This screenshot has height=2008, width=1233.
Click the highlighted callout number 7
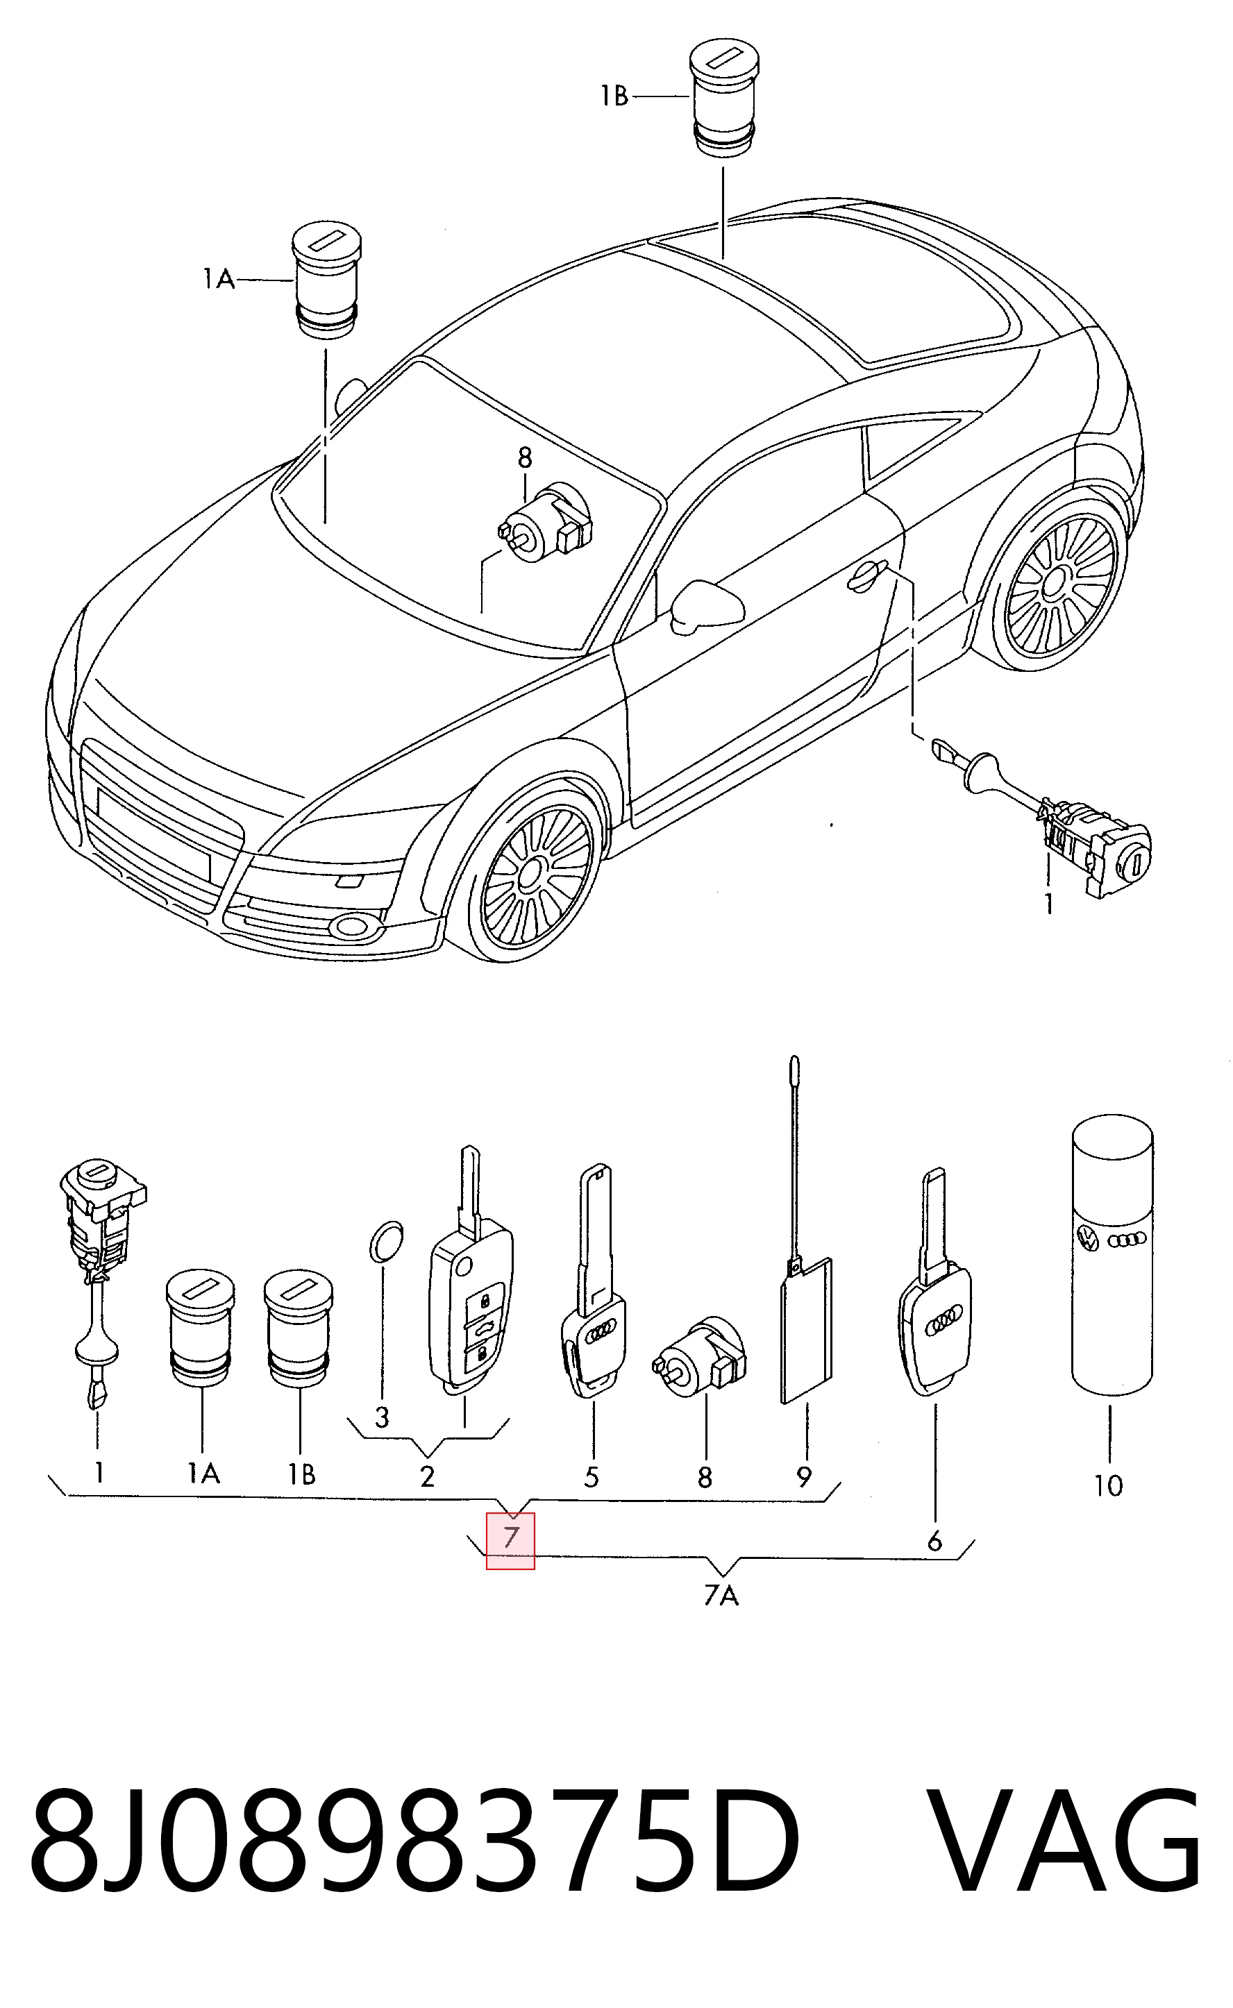510,1537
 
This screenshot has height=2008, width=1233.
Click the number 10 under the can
1108,1486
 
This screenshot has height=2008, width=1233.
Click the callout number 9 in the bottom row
804,1476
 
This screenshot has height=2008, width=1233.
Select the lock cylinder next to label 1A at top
326,278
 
